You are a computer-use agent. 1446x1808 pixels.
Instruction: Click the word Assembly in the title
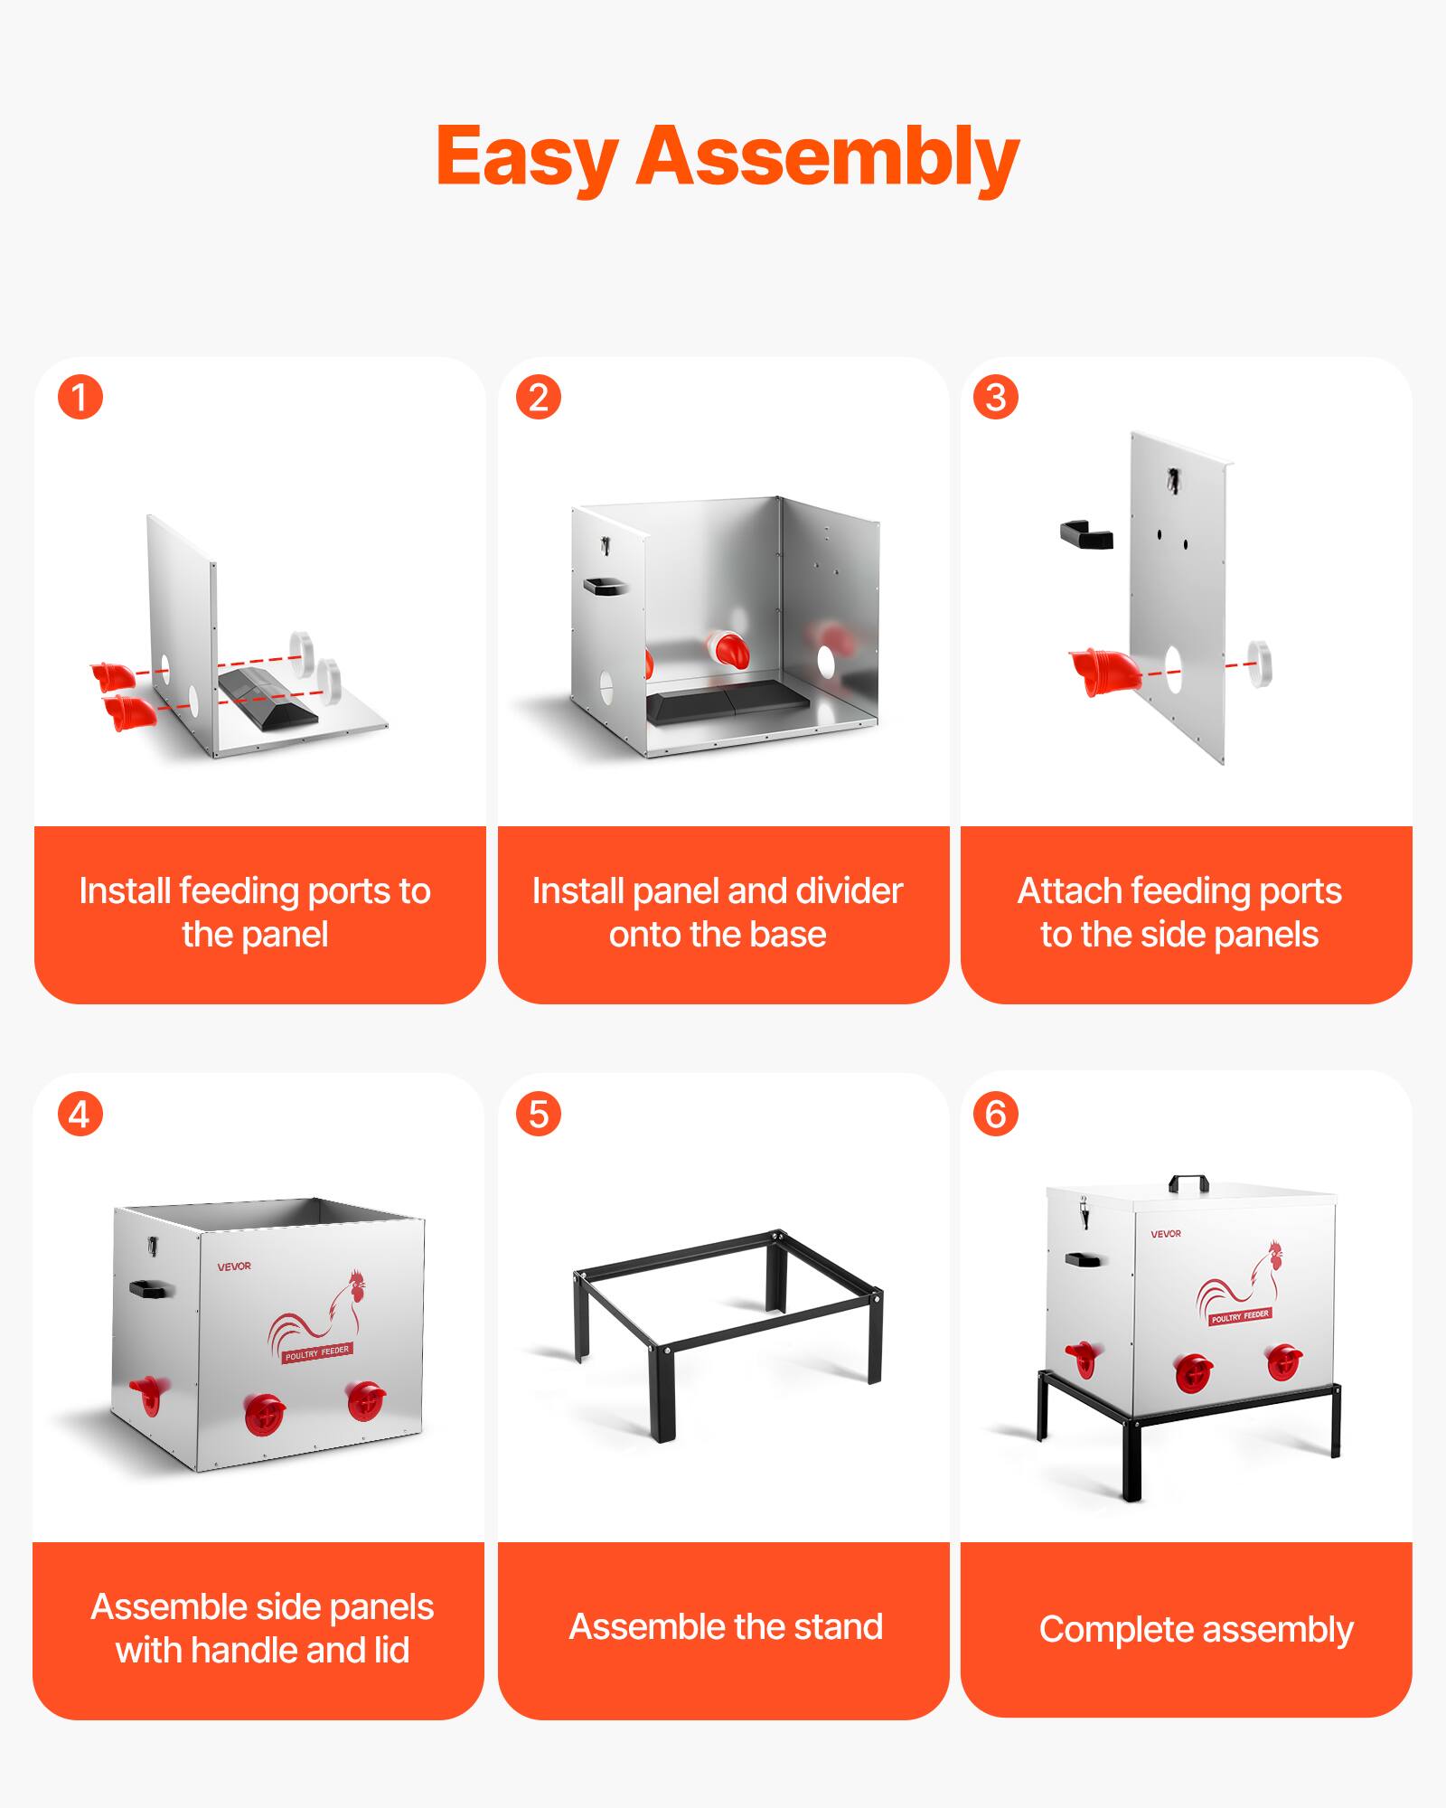[828, 158]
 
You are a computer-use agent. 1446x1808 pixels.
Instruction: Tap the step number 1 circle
[80, 397]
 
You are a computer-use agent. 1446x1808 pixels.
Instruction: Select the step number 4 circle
[80, 1114]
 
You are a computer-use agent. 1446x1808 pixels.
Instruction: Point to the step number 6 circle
[996, 1114]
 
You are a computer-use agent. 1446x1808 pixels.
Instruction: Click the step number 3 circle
[996, 397]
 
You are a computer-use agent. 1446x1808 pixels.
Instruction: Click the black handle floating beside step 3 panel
[1086, 534]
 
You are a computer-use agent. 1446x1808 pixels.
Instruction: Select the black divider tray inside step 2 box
[728, 702]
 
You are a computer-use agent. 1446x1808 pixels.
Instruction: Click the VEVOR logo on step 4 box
[234, 1267]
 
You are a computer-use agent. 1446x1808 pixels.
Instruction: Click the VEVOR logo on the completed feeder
[1166, 1233]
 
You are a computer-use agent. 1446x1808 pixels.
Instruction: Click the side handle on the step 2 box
[605, 586]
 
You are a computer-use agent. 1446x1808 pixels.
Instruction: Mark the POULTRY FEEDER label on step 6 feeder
[1240, 1316]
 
